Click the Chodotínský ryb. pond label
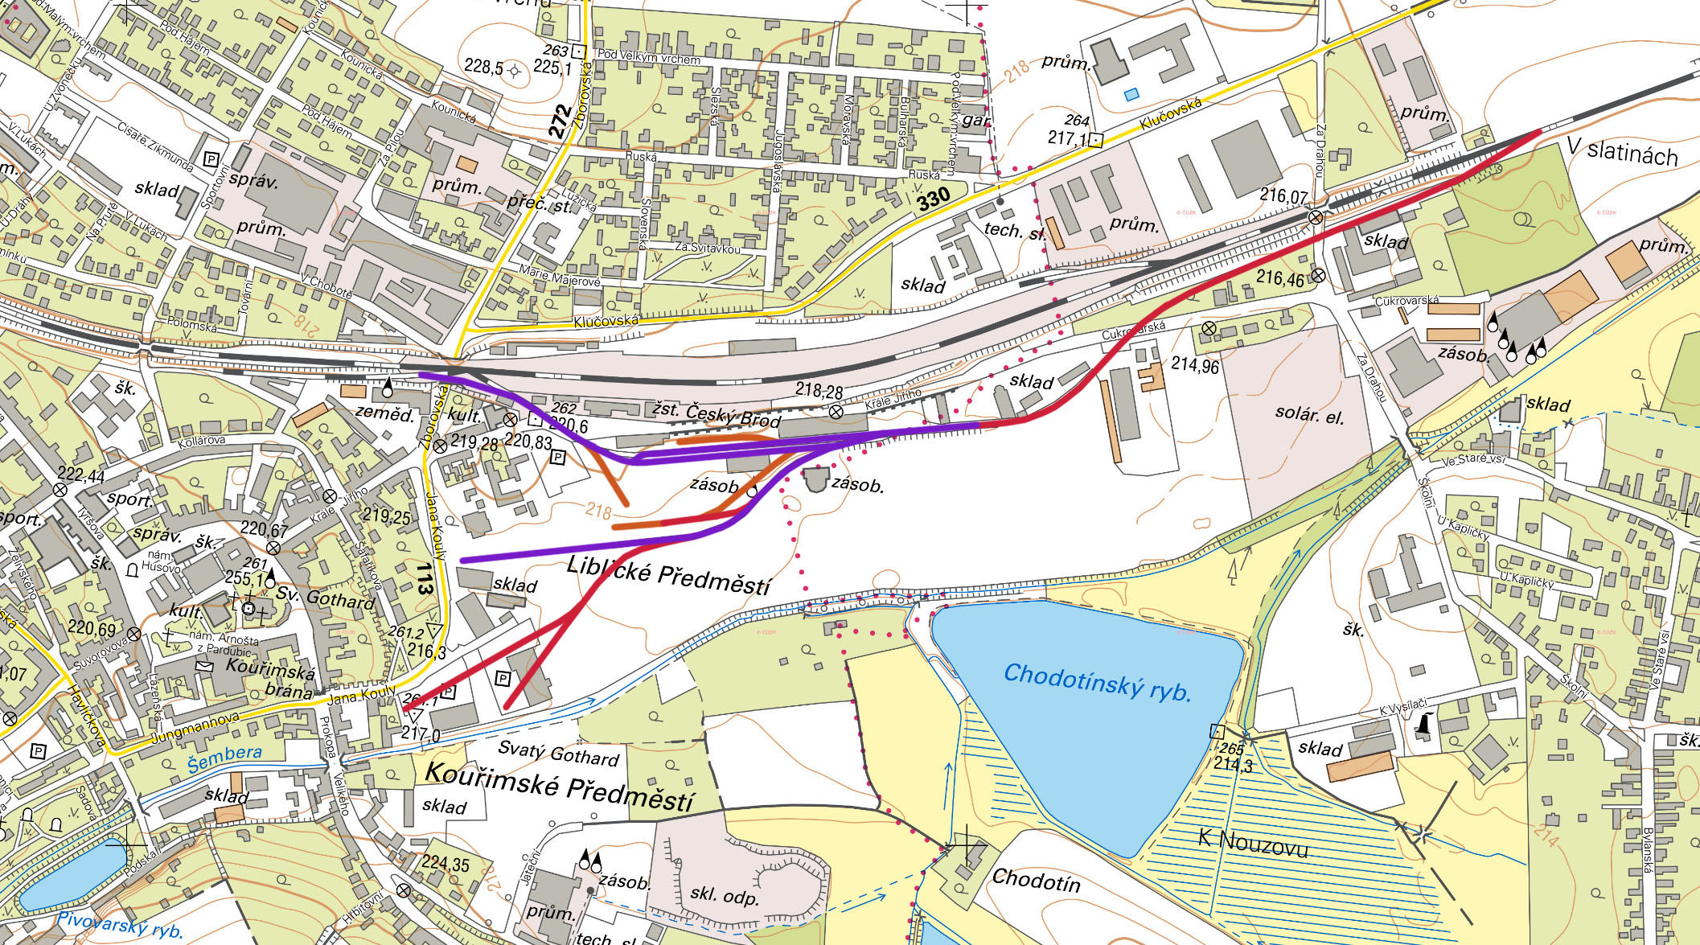[1097, 682]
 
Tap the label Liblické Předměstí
[667, 574]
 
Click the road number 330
[934, 198]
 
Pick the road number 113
[425, 577]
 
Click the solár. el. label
[1309, 415]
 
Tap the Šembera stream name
[225, 756]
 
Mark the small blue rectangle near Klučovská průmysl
[1131, 94]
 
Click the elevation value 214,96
[1195, 364]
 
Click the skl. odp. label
[725, 895]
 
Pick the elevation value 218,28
[819, 391]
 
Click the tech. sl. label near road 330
[1015, 230]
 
